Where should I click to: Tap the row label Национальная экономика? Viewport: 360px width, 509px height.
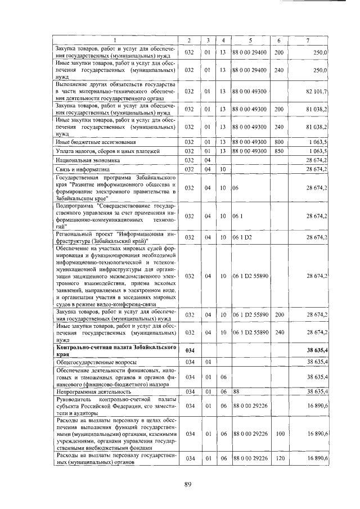84,160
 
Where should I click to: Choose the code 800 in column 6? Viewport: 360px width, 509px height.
278,143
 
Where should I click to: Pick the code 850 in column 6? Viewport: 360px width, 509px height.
278,152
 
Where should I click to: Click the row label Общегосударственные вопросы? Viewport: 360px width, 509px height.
92,363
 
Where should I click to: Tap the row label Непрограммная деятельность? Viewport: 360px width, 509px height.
90,391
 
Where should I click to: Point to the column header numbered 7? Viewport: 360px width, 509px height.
307,40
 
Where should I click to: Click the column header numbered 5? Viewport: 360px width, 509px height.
249,40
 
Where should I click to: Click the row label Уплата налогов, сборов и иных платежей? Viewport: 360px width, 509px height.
104,152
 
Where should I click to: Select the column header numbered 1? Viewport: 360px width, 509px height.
116,40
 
